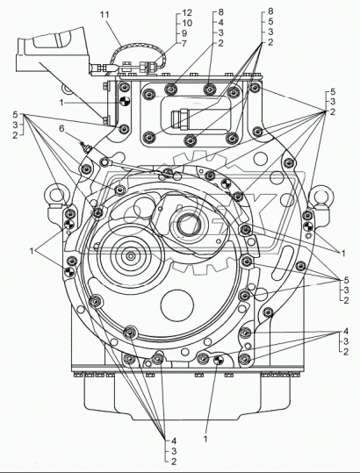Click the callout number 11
105,15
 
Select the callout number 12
187,12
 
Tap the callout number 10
187,23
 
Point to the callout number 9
184,33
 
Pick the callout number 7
184,44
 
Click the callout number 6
61,128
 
